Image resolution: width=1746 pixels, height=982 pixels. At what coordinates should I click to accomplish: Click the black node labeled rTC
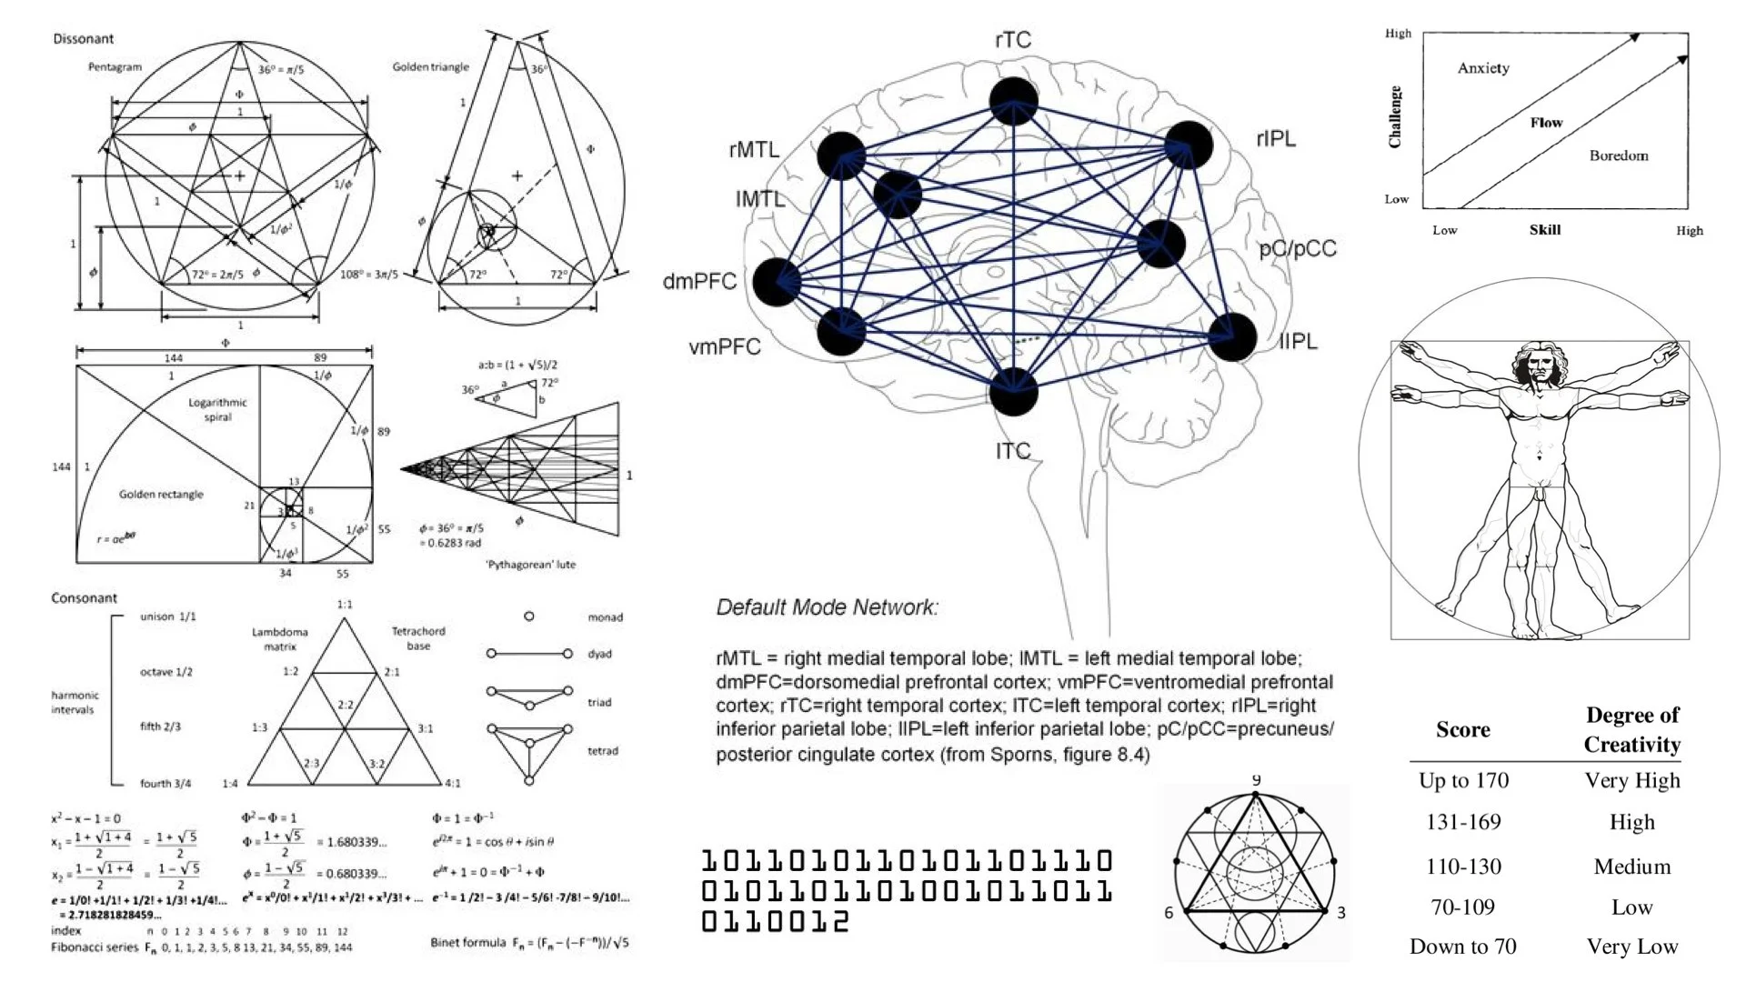(1013, 101)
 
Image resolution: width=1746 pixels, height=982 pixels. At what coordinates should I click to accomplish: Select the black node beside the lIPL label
(1232, 336)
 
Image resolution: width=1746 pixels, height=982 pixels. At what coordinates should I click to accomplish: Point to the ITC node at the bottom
(1013, 392)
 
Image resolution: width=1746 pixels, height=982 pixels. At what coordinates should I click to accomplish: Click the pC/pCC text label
(1298, 249)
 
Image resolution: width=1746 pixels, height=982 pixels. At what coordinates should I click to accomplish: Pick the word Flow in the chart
(1546, 123)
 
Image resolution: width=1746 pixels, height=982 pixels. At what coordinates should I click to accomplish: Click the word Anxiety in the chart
(1483, 68)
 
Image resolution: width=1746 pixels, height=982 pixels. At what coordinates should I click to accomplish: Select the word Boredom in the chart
(1619, 155)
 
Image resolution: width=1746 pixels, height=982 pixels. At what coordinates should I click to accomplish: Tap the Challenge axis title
(1395, 116)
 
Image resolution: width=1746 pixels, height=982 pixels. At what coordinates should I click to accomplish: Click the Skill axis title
(1545, 230)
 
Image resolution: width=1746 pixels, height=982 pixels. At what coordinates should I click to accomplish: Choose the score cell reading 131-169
(1463, 822)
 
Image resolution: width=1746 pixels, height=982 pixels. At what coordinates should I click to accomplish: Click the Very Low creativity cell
(1631, 947)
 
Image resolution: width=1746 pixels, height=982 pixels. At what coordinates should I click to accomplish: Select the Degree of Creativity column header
(1631, 729)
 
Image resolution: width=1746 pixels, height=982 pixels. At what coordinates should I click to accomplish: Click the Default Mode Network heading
(827, 607)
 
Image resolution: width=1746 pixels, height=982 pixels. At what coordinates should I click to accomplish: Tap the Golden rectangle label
(161, 495)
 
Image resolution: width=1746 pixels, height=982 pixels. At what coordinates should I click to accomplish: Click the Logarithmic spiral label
(217, 409)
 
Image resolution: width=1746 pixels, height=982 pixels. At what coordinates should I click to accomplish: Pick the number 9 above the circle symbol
(1256, 780)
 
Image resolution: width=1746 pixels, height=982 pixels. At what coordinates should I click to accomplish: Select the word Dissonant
(84, 39)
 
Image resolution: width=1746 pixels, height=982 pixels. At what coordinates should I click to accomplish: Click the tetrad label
(603, 751)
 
